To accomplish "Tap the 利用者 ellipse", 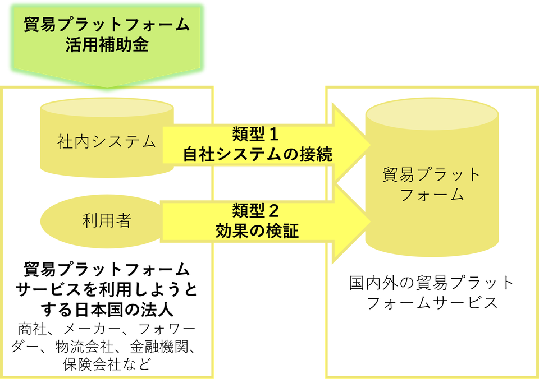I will click(x=106, y=220).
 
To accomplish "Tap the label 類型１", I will click(x=255, y=135).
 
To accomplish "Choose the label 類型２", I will click(x=255, y=211).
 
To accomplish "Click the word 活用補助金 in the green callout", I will click(x=107, y=45).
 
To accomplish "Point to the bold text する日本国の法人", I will click(x=107, y=309).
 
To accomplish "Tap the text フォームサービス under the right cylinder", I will click(x=431, y=303).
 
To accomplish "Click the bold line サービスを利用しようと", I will click(x=107, y=289).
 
